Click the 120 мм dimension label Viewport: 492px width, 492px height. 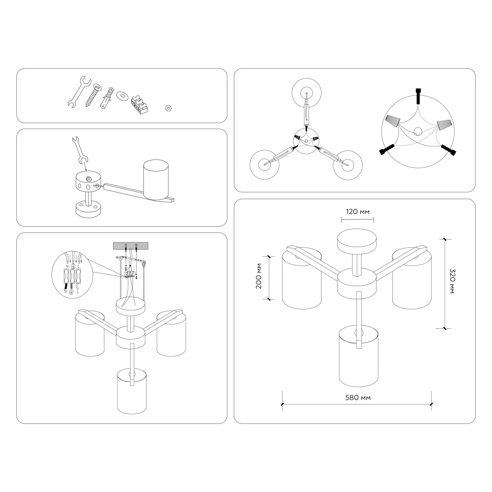tap(358, 212)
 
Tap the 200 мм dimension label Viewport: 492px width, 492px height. tap(259, 276)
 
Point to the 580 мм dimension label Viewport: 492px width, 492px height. tap(358, 398)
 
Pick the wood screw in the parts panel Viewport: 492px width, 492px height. tap(93, 95)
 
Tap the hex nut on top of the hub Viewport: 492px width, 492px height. tap(88, 179)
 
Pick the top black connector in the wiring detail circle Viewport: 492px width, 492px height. tap(418, 96)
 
